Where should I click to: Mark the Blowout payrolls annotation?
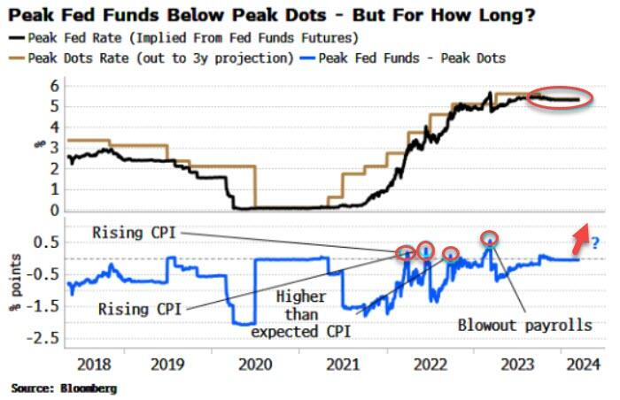pos(524,325)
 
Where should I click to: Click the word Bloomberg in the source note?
pos(87,388)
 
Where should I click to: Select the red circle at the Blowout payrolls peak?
pos(489,237)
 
